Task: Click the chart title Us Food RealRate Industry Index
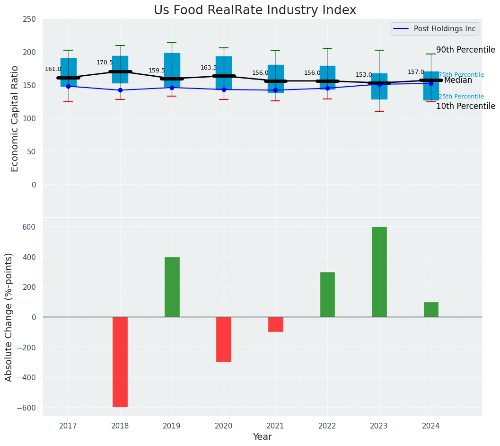[255, 10]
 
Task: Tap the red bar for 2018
[120, 362]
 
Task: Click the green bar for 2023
[379, 272]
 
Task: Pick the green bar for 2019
[172, 287]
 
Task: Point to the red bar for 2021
[276, 324]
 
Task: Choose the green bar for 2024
[431, 310]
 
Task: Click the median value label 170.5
[105, 62]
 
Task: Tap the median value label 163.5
[209, 68]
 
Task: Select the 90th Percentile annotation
[465, 50]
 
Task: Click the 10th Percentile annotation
[465, 106]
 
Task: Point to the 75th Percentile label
[461, 75]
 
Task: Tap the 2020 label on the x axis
[224, 426]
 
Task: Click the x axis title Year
[262, 437]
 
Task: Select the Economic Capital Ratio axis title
[15, 118]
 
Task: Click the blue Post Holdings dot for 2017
[68, 86]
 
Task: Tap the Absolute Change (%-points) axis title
[9, 317]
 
